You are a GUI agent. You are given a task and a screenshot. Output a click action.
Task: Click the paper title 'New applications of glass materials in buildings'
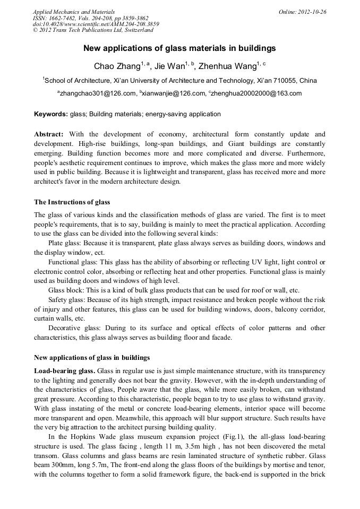coord(179,48)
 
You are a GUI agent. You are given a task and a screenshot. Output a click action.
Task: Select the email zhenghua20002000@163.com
coord(250,93)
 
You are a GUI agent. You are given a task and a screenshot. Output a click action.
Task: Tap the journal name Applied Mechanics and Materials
coord(73,12)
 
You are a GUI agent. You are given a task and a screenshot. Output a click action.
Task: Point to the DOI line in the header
coord(96,24)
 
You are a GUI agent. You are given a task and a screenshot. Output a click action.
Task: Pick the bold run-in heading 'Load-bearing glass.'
coord(65,370)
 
